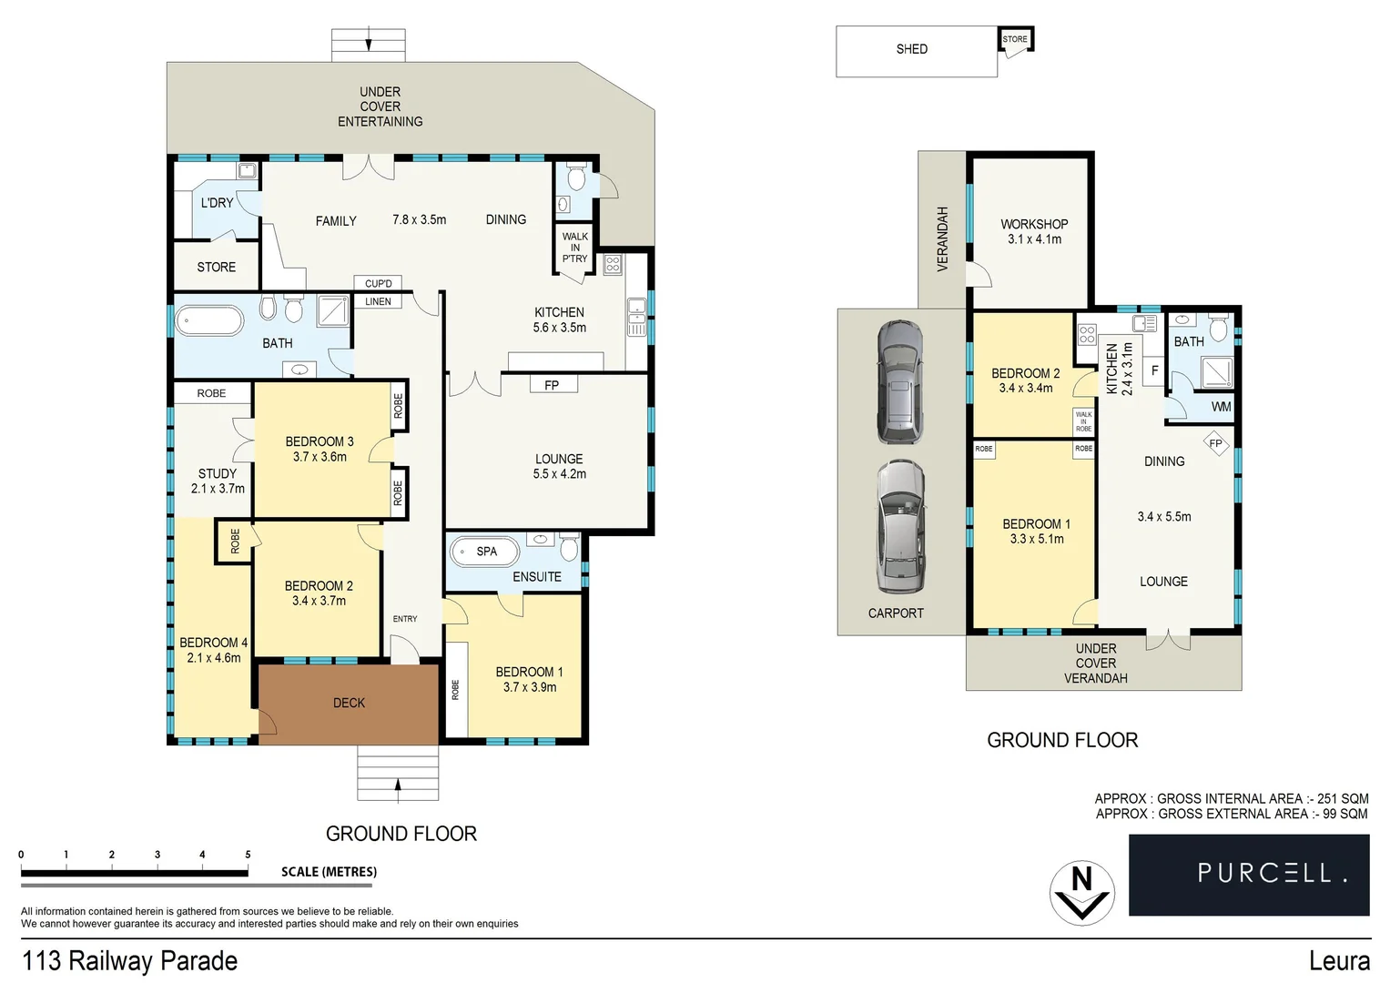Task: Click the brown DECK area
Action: [x=349, y=704]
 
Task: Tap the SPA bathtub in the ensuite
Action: [x=485, y=552]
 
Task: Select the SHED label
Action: [x=911, y=49]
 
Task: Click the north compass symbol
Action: [x=1081, y=892]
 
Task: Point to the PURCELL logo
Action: [x=1248, y=874]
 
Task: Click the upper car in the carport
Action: [x=899, y=381]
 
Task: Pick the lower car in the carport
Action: [x=900, y=527]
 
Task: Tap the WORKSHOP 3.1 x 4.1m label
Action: [x=1034, y=231]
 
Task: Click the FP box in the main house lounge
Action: [x=552, y=385]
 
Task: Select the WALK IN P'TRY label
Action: [x=574, y=248]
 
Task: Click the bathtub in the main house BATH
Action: [x=209, y=320]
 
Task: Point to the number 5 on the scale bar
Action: [x=248, y=855]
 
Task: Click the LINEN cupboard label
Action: [x=378, y=301]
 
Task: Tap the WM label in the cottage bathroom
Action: [x=1221, y=407]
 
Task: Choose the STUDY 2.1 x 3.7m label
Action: [x=218, y=481]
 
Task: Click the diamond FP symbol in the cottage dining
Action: [x=1215, y=444]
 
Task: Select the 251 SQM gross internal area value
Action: [x=1342, y=798]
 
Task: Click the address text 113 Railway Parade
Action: [x=129, y=961]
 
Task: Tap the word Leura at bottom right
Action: [x=1338, y=961]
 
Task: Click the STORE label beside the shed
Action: [x=1014, y=39]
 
